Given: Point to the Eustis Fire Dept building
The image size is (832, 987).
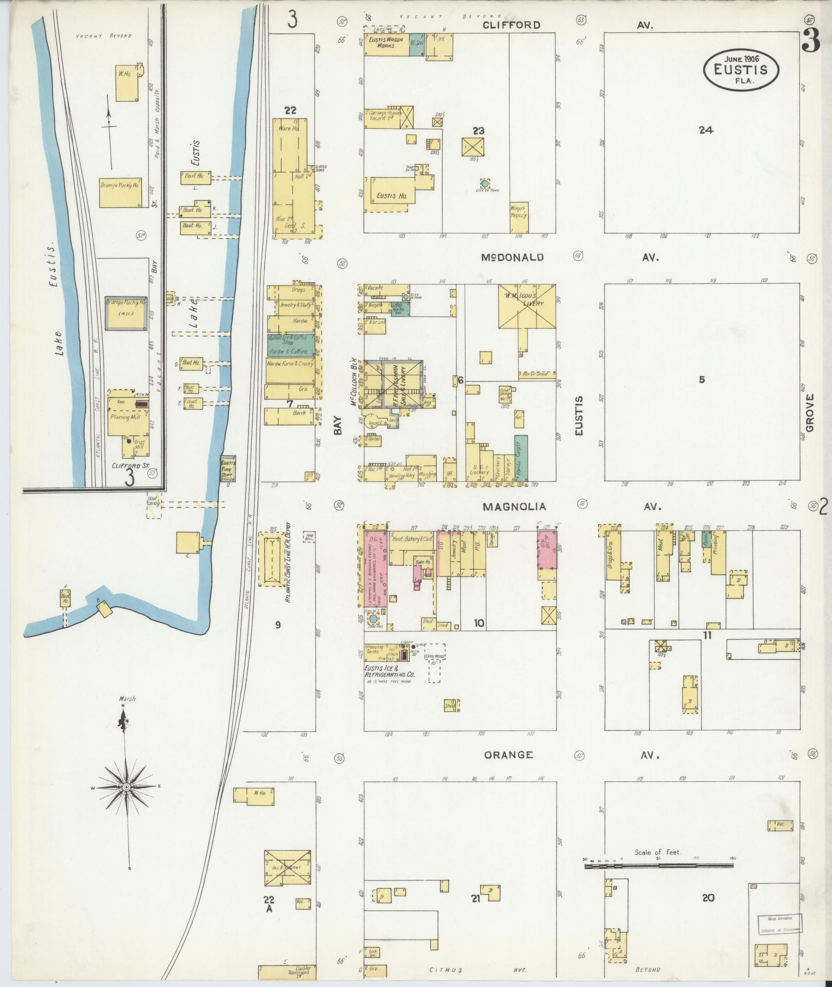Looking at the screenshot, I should [x=228, y=468].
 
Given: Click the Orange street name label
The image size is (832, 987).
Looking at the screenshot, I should [x=508, y=755].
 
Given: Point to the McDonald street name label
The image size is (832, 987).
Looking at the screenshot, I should [x=512, y=257].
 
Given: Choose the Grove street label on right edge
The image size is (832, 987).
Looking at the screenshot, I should [x=809, y=413].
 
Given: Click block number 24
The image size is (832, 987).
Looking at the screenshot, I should [x=705, y=130].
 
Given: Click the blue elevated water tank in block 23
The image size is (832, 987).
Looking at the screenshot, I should [x=484, y=183].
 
